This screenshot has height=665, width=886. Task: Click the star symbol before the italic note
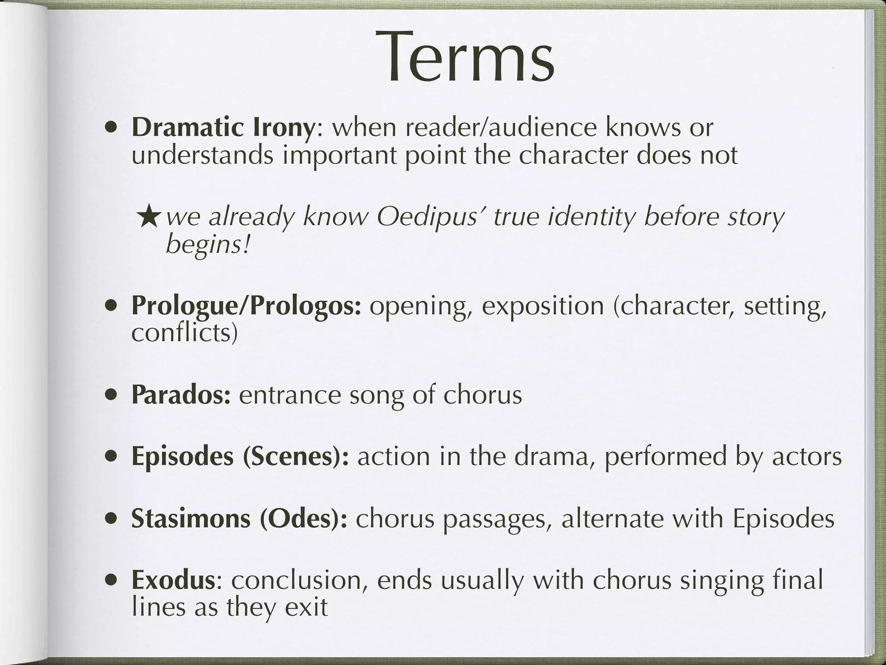click(x=149, y=218)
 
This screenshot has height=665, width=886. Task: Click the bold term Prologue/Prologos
click(x=246, y=306)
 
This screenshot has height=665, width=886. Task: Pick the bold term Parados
click(x=181, y=395)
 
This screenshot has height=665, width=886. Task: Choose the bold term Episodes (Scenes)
click(x=240, y=457)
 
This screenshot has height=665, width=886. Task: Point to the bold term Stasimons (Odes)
click(x=239, y=518)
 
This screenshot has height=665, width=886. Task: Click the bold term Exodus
click(x=173, y=580)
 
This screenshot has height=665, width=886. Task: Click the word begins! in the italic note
click(x=208, y=245)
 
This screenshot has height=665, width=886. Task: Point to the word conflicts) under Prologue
click(x=185, y=333)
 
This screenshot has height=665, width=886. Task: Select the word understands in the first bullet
click(x=202, y=155)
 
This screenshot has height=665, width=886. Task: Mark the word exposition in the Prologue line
click(x=543, y=306)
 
